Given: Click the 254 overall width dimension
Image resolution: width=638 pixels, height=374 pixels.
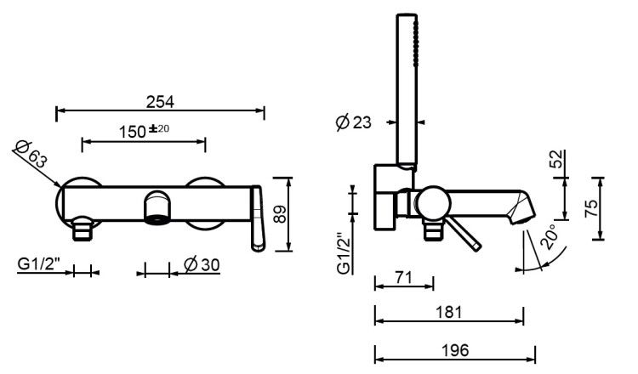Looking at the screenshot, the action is (160, 102).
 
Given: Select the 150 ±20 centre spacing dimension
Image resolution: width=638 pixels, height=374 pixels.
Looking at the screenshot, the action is (144, 131).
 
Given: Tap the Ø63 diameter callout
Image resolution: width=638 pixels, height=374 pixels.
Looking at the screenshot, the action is (31, 155).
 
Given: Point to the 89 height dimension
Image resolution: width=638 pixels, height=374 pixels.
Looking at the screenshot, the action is (280, 214).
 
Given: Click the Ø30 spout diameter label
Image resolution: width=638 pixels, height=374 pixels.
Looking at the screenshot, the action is (202, 265).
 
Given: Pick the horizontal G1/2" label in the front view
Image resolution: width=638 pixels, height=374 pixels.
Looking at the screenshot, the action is (39, 264).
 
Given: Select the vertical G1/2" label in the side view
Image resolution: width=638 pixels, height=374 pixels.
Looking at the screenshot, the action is (345, 253).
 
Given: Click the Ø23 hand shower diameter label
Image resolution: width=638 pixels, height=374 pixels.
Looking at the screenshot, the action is (354, 122).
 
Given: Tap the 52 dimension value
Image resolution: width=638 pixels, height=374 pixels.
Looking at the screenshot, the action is (556, 159).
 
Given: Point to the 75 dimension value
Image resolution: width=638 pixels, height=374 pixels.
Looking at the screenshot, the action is (591, 208).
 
